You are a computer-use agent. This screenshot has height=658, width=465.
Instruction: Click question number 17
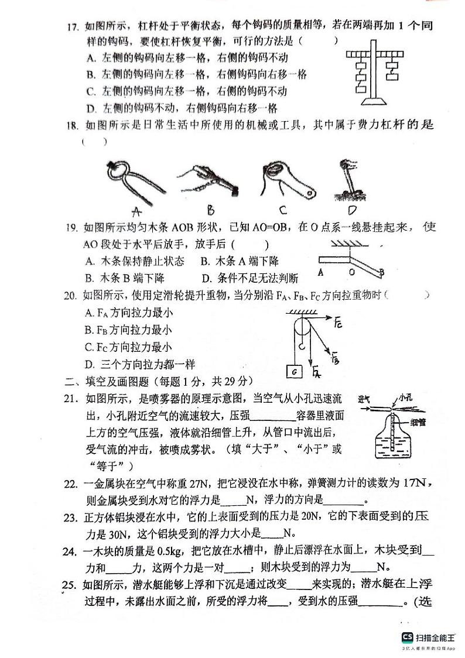click(74, 26)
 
